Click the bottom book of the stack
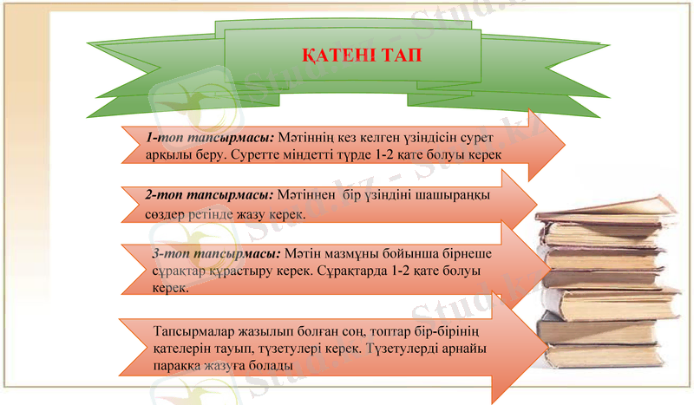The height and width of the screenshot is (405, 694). (x=607, y=355)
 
